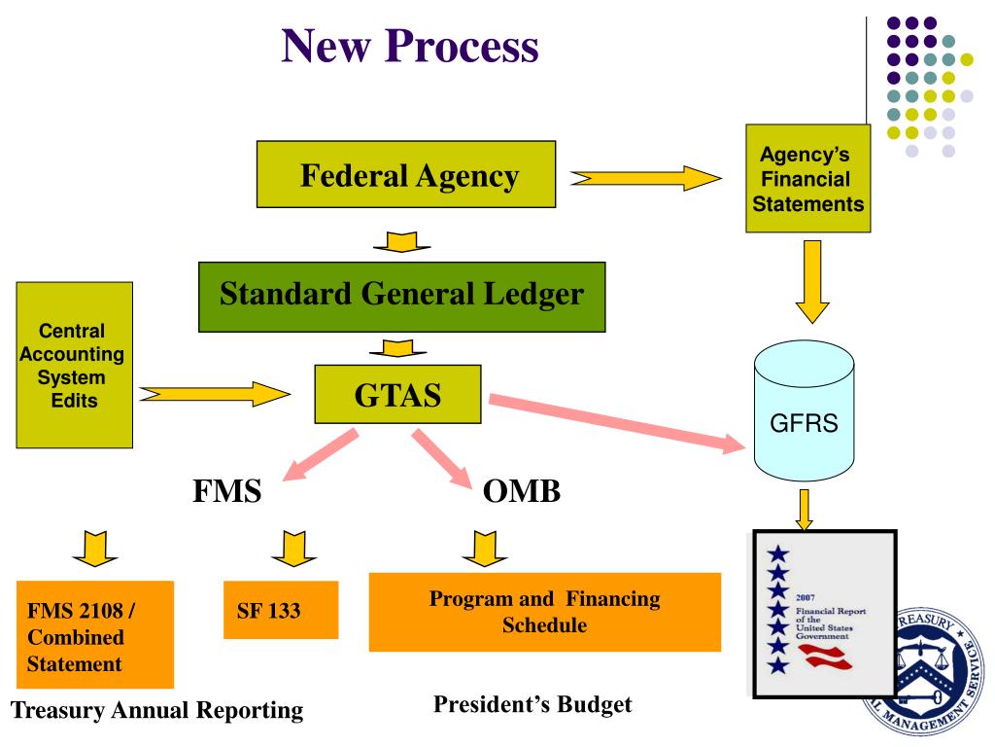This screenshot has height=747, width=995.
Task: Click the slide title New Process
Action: coord(409,45)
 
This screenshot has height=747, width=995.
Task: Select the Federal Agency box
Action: coord(405,175)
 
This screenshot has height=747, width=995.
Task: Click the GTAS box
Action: coord(397,394)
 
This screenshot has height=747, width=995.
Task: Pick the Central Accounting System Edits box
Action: coord(75,365)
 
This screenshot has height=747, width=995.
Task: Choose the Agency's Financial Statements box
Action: coord(807,178)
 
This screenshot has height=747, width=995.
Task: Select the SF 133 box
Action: coord(281,611)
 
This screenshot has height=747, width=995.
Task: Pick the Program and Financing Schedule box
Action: coord(544,612)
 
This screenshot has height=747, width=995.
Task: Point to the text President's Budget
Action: coord(532,704)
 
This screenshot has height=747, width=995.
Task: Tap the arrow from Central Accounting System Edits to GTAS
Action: coord(215,394)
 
